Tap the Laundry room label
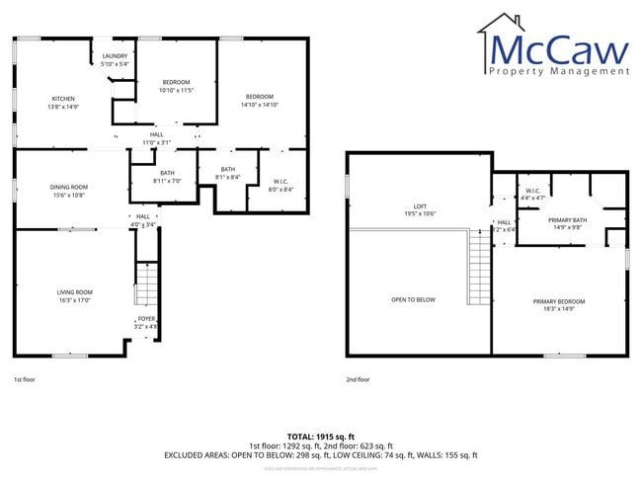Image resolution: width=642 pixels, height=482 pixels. tap(115, 59)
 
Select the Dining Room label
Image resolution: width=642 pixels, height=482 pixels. tap(69, 191)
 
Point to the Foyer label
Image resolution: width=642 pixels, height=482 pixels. tap(146, 322)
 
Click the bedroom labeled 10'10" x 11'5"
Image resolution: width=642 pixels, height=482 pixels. tap(176, 85)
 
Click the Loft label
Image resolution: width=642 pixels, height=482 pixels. tap(420, 209)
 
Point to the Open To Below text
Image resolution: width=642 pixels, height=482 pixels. tap(413, 299)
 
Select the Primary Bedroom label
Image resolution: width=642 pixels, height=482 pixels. tap(559, 305)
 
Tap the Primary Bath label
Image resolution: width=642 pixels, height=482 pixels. tap(568, 223)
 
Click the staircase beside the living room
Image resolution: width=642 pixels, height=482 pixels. tap(146, 287)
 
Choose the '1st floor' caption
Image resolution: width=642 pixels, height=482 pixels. tap(26, 379)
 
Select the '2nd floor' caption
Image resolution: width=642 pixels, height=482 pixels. tap(358, 379)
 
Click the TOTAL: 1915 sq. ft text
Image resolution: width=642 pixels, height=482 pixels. tap(320, 436)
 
